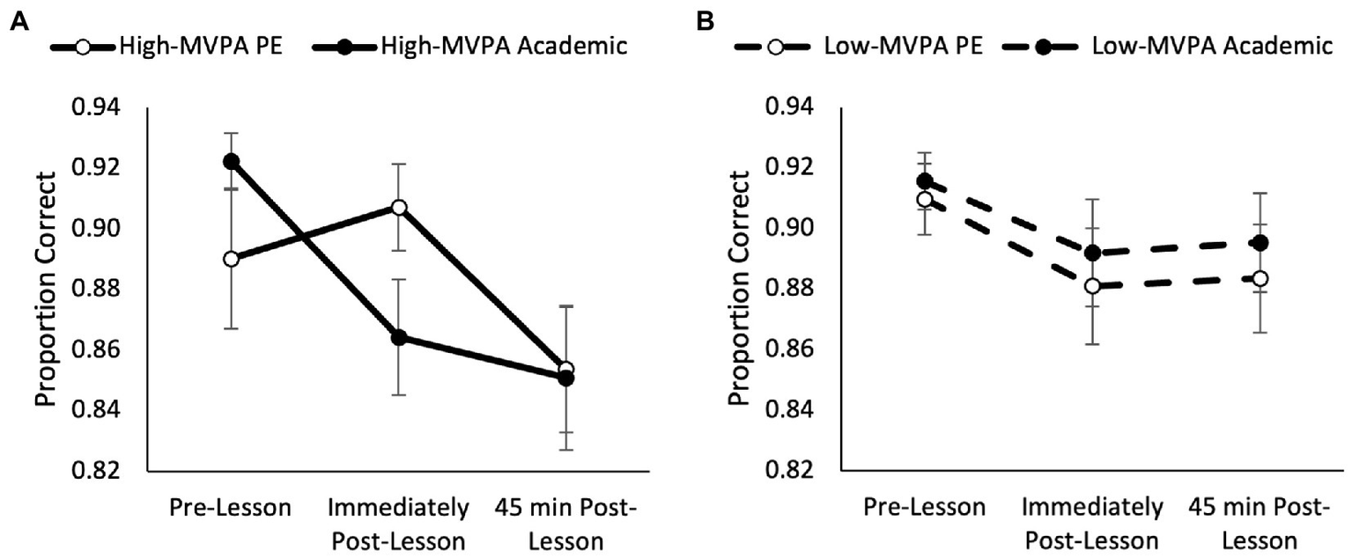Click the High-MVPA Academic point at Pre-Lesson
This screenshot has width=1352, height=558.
(231, 161)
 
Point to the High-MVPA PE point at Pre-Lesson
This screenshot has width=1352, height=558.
(231, 259)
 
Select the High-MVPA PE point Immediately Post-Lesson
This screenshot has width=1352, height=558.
(399, 208)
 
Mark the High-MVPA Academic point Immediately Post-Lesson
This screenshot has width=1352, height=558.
(399, 337)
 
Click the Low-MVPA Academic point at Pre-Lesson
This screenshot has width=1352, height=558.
(925, 181)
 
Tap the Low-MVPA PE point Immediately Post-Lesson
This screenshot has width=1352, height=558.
(1092, 286)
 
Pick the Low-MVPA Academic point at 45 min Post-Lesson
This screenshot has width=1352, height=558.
(1260, 243)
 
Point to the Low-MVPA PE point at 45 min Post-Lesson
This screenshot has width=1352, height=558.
(1260, 278)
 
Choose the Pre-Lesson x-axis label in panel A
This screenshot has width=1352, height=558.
(231, 508)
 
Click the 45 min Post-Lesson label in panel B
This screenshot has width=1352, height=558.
(1260, 523)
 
